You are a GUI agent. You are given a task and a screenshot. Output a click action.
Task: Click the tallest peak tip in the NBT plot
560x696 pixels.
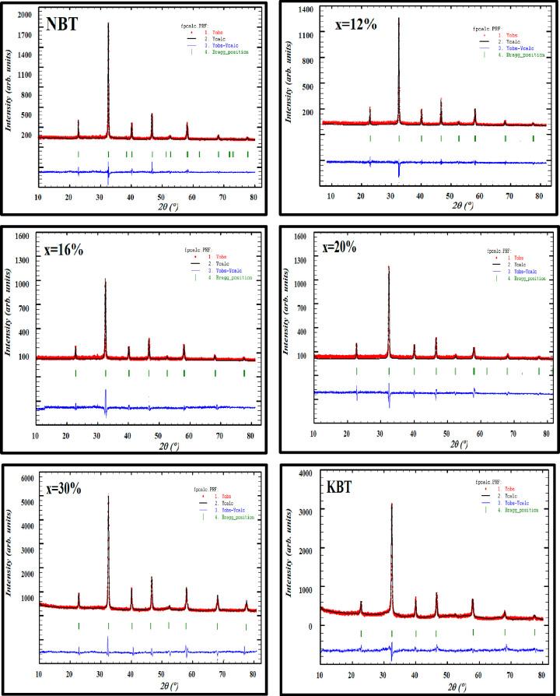(x=108, y=23)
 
